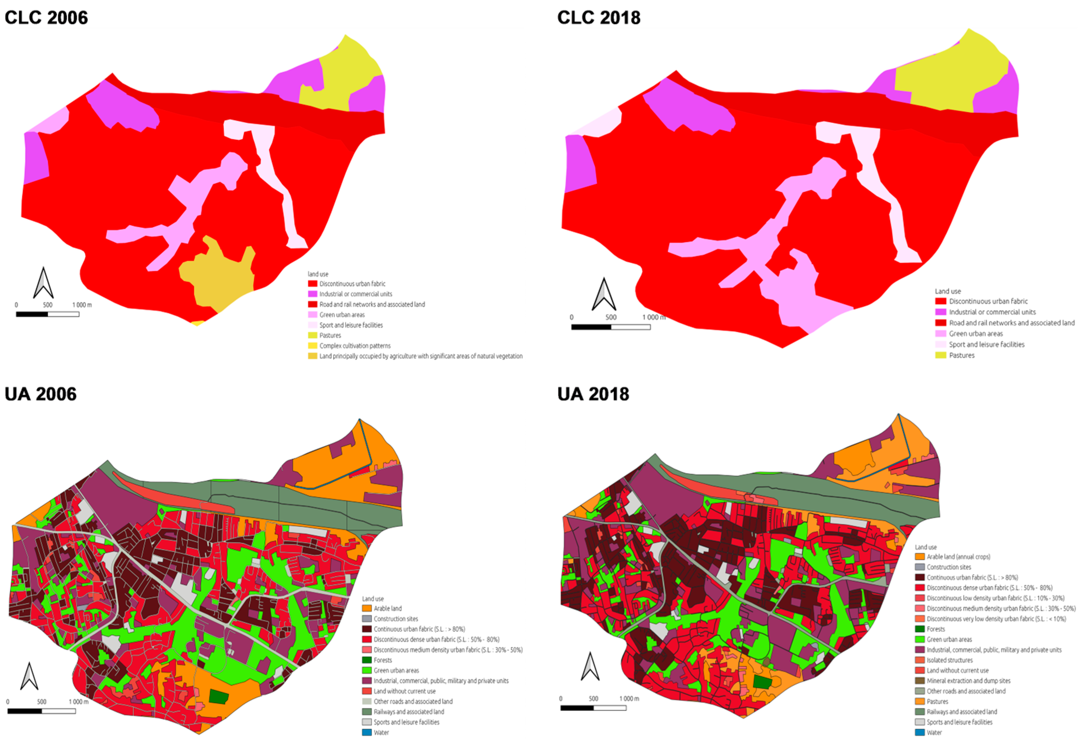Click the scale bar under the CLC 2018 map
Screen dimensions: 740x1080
tap(611, 327)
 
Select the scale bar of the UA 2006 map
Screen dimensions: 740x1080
tap(41, 711)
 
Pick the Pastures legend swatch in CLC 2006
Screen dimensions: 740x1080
tap(313, 335)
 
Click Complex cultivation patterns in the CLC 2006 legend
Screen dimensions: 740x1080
tap(354, 346)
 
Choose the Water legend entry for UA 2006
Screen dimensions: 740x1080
tap(381, 733)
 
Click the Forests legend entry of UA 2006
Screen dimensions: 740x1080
tap(383, 660)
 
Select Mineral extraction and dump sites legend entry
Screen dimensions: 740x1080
tap(968, 681)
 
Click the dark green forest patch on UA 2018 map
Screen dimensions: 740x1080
tap(762, 682)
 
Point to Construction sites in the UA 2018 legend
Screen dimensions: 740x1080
tap(949, 567)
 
